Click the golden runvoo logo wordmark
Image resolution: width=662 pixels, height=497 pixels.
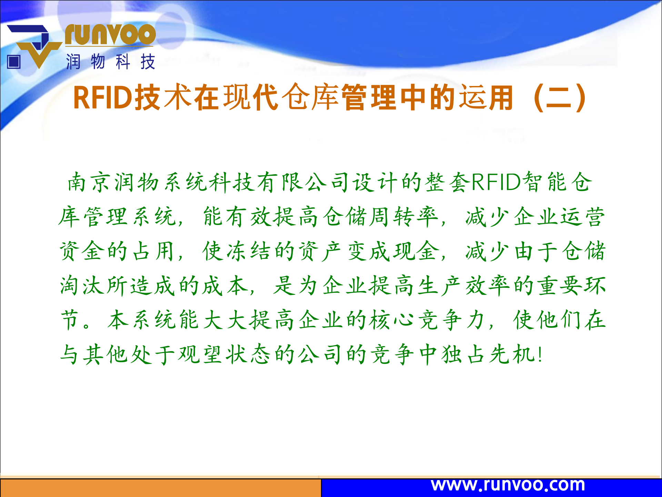click(x=110, y=35)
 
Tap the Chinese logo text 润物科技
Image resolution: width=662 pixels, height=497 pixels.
click(x=111, y=62)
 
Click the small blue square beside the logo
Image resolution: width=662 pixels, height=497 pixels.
click(x=14, y=62)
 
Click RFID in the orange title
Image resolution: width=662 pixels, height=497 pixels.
click(x=103, y=98)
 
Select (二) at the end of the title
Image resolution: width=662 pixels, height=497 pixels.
click(x=559, y=98)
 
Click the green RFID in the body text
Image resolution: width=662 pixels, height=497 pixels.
click(x=496, y=182)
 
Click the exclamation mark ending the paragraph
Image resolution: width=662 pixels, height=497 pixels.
click(x=540, y=354)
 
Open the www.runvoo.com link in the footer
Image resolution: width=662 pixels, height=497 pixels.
click(x=508, y=485)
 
